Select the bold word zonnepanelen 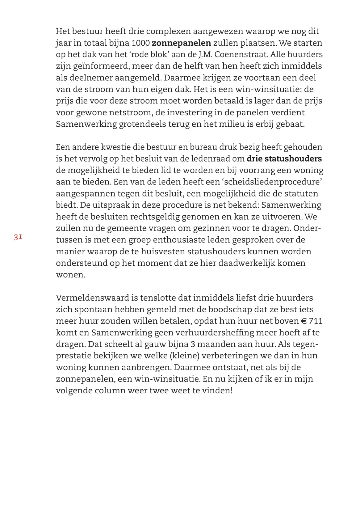tap(182, 43)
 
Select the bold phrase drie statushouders tap(284, 159)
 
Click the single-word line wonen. tap(70, 275)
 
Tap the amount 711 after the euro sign tap(316, 321)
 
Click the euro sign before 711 tap(303, 321)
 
